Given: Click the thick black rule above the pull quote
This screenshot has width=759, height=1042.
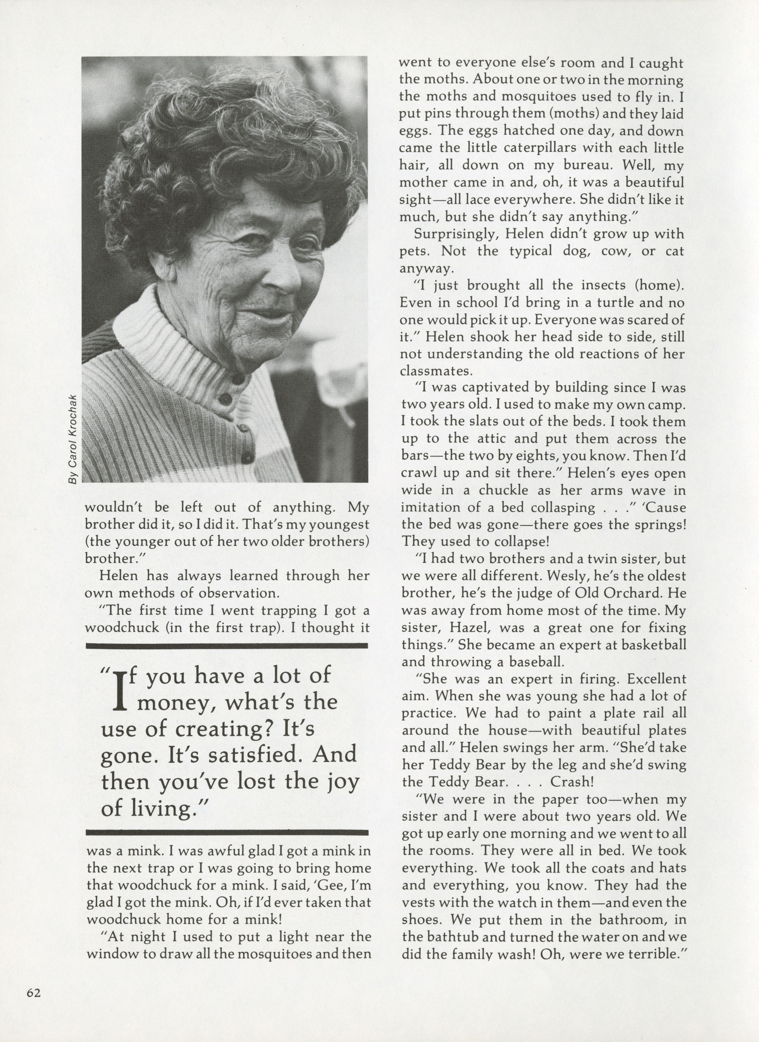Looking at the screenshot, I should pos(227,645).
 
